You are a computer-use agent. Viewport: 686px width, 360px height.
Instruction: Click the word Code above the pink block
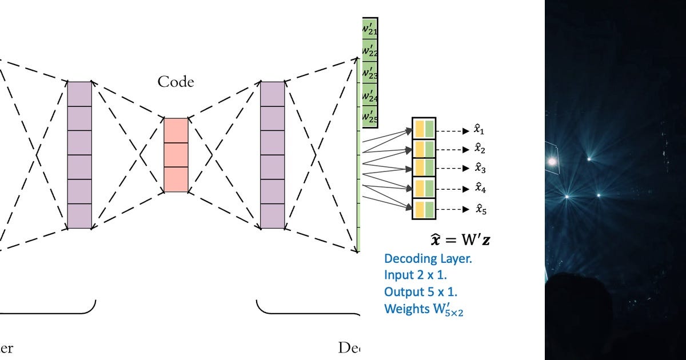pyautogui.click(x=176, y=82)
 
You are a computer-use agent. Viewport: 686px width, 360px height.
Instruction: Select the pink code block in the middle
pyautogui.click(x=176, y=155)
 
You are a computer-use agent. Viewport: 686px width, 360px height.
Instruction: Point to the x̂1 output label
pyautogui.click(x=479, y=130)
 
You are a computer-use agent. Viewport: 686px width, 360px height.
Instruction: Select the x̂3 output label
pyautogui.click(x=479, y=169)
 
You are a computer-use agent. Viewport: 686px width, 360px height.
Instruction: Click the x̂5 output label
pyautogui.click(x=479, y=209)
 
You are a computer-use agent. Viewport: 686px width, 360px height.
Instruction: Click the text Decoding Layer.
pyautogui.click(x=428, y=258)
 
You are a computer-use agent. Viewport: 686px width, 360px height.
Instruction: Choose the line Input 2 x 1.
pyautogui.click(x=415, y=275)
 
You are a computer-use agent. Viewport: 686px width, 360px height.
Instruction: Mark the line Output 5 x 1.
pyautogui.click(x=421, y=292)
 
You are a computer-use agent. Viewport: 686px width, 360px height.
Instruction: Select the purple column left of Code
pyautogui.click(x=79, y=155)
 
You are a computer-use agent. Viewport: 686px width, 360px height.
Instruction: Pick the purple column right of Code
pyautogui.click(x=272, y=155)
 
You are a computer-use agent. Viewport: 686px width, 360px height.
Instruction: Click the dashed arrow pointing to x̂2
pyautogui.click(x=453, y=150)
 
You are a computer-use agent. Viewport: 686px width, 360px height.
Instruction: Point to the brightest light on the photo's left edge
pyautogui.click(x=552, y=162)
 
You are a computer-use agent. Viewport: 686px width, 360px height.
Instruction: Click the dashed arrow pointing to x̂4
pyautogui.click(x=453, y=189)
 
